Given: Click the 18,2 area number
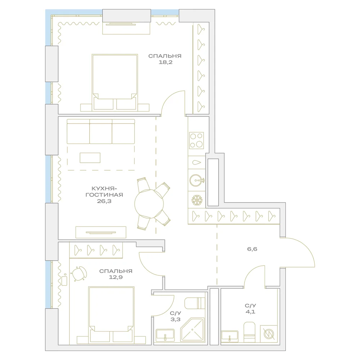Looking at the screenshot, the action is click(x=165, y=62).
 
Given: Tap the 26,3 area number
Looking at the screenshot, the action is click(x=104, y=201).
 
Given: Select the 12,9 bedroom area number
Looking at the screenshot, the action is click(x=116, y=277).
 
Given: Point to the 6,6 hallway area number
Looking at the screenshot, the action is click(x=252, y=249).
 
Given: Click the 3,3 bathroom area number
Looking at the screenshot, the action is click(x=175, y=319).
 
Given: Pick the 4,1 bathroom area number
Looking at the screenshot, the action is click(x=250, y=312).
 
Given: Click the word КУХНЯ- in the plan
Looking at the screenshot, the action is click(x=104, y=189).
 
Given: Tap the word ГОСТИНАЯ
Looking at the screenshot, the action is click(x=104, y=195).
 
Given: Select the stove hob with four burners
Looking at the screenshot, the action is click(x=197, y=140).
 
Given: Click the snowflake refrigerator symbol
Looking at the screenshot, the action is click(x=197, y=200).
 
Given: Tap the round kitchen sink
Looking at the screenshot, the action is click(x=197, y=180).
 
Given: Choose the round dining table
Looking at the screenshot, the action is click(x=149, y=203).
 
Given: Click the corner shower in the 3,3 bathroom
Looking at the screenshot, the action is click(x=192, y=329).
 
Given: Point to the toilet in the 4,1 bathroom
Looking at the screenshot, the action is click(x=249, y=332).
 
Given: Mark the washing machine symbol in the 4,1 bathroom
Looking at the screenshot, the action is click(x=269, y=334).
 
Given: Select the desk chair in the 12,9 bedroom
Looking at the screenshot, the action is click(x=79, y=274).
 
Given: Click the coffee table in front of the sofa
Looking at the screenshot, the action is click(x=90, y=158).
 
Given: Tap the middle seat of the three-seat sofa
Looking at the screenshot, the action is click(x=101, y=131).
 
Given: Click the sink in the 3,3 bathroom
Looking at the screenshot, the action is click(x=165, y=335).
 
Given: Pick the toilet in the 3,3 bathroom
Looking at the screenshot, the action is click(x=195, y=303).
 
